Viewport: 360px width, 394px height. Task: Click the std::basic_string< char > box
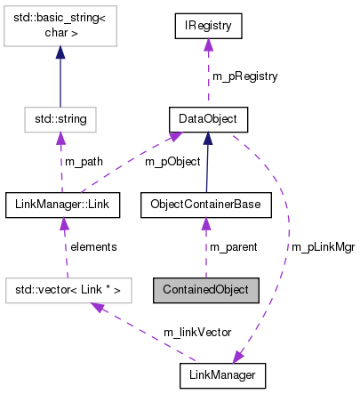tap(60, 33)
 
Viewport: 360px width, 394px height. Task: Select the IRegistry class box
tap(208, 27)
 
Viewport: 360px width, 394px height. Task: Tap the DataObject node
tap(208, 117)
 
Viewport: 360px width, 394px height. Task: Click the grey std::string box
tap(60, 117)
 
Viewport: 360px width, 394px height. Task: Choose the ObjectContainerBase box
tap(206, 205)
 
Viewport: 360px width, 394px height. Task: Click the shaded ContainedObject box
tap(206, 289)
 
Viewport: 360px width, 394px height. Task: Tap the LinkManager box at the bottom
tap(222, 375)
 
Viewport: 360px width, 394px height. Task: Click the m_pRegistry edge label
tap(244, 76)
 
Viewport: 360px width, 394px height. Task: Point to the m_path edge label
tap(83, 161)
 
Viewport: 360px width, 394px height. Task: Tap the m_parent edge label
tap(232, 246)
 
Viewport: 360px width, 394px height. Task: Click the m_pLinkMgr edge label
tap(316, 246)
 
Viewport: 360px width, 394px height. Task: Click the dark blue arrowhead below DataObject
tap(208, 137)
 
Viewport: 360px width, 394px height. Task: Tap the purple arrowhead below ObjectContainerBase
tap(206, 223)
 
